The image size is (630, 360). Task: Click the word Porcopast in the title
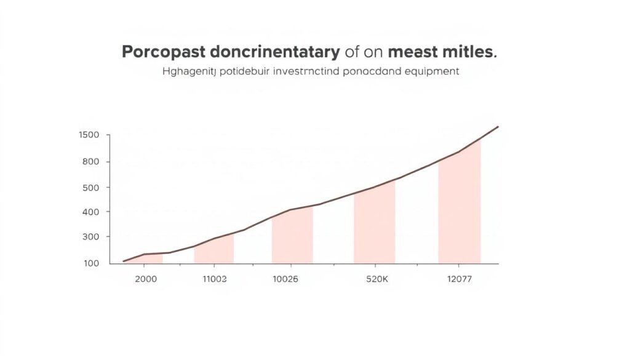coord(162,52)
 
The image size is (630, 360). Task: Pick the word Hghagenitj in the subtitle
coord(189,72)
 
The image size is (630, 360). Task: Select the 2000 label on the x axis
coord(145,279)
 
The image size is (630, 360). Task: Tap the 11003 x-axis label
coord(215,279)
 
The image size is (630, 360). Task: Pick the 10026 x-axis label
coord(285,279)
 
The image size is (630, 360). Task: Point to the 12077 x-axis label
coord(460,279)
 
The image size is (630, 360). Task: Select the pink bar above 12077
coord(460,209)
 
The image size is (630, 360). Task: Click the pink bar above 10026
coord(292,237)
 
